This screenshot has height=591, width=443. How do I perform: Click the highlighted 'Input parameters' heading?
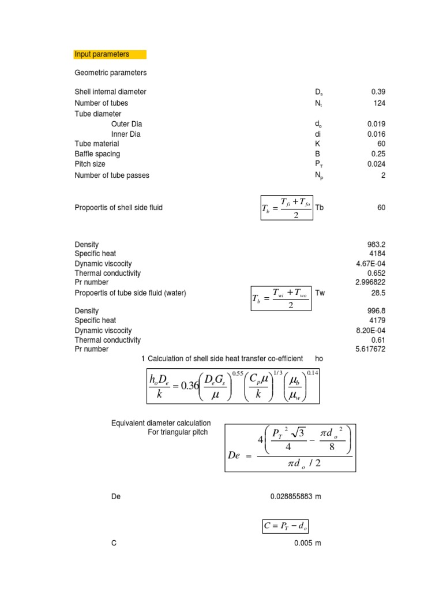(x=102, y=54)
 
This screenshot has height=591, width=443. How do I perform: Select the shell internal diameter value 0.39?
(x=378, y=92)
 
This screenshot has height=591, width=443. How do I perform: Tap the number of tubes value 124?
(x=379, y=103)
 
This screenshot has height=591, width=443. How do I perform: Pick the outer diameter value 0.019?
(x=376, y=124)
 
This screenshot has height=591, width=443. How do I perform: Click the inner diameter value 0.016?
(x=376, y=134)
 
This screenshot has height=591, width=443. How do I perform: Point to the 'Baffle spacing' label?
(x=97, y=154)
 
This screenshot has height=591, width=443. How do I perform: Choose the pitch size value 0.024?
(x=376, y=164)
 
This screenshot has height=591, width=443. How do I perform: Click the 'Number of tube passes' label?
(x=112, y=175)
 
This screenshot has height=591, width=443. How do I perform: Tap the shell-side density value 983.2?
(x=376, y=244)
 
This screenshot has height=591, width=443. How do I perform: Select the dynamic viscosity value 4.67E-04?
(x=372, y=264)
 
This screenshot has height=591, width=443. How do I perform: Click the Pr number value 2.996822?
(x=370, y=282)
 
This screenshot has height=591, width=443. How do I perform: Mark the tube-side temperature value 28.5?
(x=378, y=293)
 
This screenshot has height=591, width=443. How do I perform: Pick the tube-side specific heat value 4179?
(x=378, y=320)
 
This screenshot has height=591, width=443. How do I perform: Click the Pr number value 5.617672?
(x=370, y=349)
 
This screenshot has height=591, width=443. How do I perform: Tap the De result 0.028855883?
(x=292, y=496)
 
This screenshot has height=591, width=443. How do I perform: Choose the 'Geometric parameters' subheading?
(x=111, y=73)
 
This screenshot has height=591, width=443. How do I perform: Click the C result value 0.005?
(x=303, y=543)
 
